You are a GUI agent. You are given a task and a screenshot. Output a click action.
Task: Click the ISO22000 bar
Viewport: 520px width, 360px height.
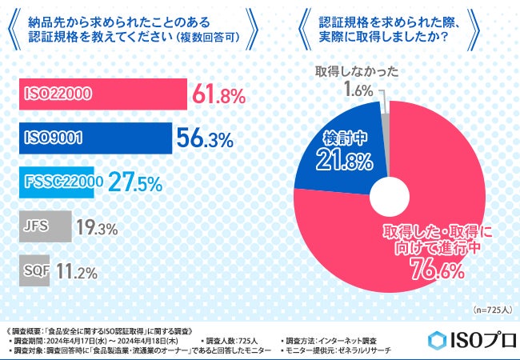tap(102, 94)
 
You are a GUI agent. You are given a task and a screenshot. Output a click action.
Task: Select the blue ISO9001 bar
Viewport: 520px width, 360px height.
tap(95, 138)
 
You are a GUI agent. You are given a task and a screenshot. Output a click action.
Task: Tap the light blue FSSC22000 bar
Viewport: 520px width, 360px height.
tap(61, 182)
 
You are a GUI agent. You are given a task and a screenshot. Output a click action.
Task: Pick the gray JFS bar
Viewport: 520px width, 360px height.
tap(45, 226)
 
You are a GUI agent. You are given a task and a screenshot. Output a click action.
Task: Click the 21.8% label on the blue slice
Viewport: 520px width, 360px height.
tap(348, 161)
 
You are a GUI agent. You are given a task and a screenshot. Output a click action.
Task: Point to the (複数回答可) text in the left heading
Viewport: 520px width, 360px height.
tap(207, 37)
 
